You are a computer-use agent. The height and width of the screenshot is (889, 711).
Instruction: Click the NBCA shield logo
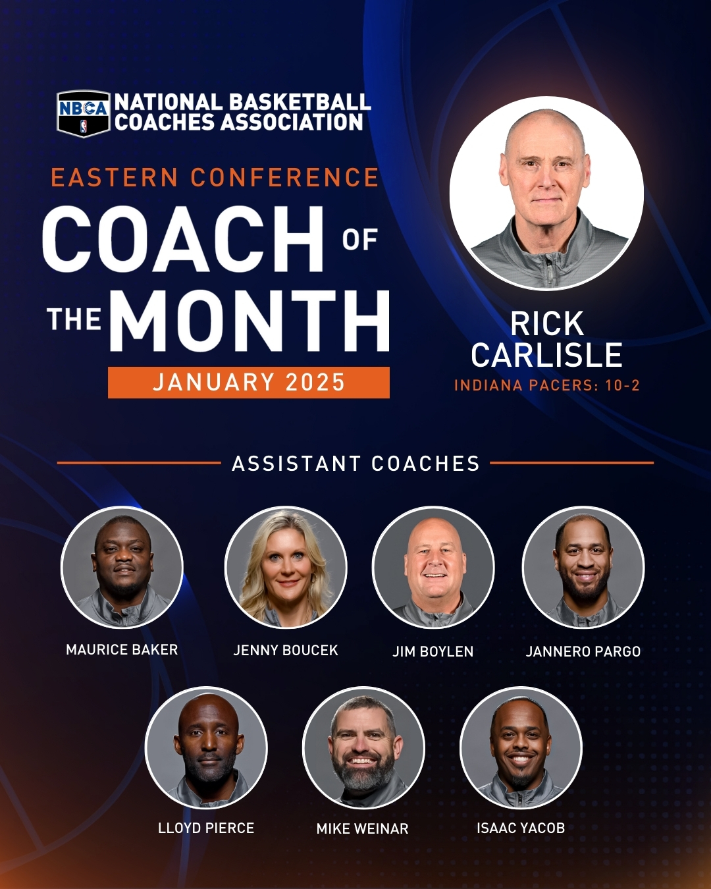click(84, 113)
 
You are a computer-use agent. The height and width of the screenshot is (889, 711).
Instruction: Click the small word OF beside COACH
click(359, 240)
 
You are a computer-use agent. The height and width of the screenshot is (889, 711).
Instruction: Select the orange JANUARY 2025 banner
click(249, 383)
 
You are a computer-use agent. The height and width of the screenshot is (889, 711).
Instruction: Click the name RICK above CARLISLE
click(547, 324)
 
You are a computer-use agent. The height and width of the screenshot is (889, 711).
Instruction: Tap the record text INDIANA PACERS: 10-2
click(547, 385)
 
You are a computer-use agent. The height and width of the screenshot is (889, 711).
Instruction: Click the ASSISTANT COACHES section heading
click(355, 464)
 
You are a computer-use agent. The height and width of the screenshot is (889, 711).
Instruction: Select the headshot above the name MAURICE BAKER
click(122, 567)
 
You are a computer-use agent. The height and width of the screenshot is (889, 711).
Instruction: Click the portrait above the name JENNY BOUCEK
click(286, 567)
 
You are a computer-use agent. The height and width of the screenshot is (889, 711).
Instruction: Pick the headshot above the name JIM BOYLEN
click(433, 567)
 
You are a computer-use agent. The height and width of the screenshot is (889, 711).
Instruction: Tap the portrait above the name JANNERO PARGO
click(583, 567)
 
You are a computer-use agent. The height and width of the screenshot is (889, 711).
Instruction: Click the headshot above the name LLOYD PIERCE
click(206, 747)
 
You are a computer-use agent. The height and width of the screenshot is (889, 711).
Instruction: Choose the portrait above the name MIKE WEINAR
click(363, 747)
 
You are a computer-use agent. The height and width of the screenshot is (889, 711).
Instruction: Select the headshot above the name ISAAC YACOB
click(521, 747)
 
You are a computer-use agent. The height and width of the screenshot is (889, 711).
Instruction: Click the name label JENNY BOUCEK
click(286, 651)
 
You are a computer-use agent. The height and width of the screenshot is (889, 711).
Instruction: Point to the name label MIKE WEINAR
click(363, 829)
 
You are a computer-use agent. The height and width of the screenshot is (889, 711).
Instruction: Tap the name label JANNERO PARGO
click(583, 652)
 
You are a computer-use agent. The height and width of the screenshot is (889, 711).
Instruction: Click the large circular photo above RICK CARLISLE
click(546, 193)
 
